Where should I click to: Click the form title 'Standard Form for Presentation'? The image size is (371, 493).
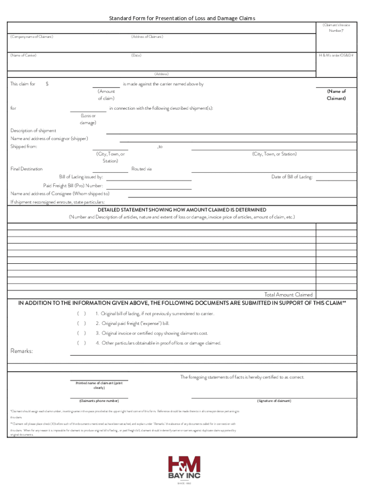pos(182,18)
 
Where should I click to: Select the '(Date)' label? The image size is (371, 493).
pos(136,55)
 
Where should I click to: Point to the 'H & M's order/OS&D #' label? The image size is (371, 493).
pos(336,55)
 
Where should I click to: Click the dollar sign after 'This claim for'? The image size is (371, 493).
pos(47,84)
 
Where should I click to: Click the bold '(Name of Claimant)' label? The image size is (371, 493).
pos(336,94)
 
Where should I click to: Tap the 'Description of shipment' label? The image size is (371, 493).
pos(33,130)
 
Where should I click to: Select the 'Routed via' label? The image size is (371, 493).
pos(142,169)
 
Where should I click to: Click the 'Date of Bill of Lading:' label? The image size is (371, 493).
pos(292,177)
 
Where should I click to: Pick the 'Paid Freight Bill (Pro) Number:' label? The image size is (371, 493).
pos(73,185)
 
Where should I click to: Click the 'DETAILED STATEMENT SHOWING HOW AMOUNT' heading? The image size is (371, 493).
pos(182,210)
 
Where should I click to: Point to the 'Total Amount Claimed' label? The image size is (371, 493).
pos(288,295)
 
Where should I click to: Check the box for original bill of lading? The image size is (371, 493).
pos(81,314)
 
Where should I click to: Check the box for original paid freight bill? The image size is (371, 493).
pos(81,324)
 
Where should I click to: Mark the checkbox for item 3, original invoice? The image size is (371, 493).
pos(81,333)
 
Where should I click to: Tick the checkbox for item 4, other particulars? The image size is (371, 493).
pos(81,343)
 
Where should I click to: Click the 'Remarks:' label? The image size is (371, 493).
pos(22,351)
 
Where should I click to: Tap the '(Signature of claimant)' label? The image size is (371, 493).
pos(274,401)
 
